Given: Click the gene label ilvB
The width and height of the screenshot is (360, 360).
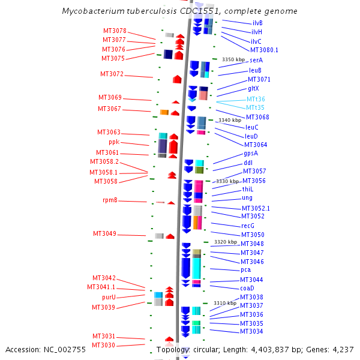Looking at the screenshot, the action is (257, 23).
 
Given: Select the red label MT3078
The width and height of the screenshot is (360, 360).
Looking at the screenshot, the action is (115, 31).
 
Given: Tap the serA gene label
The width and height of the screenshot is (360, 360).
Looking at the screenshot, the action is (256, 60).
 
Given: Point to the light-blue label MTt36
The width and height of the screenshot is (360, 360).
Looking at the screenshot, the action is (256, 99).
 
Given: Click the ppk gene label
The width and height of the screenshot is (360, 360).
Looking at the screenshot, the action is (114, 142).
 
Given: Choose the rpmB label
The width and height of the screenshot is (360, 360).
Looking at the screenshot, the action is (110, 200).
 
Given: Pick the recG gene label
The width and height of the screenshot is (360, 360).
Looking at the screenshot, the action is (248, 226).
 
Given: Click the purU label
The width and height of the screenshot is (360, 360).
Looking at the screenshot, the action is (109, 298).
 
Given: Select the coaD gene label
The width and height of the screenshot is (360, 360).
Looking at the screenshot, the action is (247, 288).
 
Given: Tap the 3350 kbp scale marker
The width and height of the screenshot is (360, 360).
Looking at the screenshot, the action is (233, 59).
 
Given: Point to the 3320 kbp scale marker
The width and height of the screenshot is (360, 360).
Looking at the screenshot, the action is (226, 242).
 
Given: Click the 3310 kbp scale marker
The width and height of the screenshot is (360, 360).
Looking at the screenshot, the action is (225, 303).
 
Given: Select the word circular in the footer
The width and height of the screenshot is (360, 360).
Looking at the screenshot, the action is (206, 350).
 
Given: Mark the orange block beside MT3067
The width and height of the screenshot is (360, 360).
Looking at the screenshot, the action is (164, 112).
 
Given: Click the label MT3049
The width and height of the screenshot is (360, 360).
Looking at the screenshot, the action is (104, 234).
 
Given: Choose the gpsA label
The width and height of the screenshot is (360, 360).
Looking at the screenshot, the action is (251, 154).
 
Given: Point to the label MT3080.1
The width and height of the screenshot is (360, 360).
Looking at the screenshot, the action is (264, 50).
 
